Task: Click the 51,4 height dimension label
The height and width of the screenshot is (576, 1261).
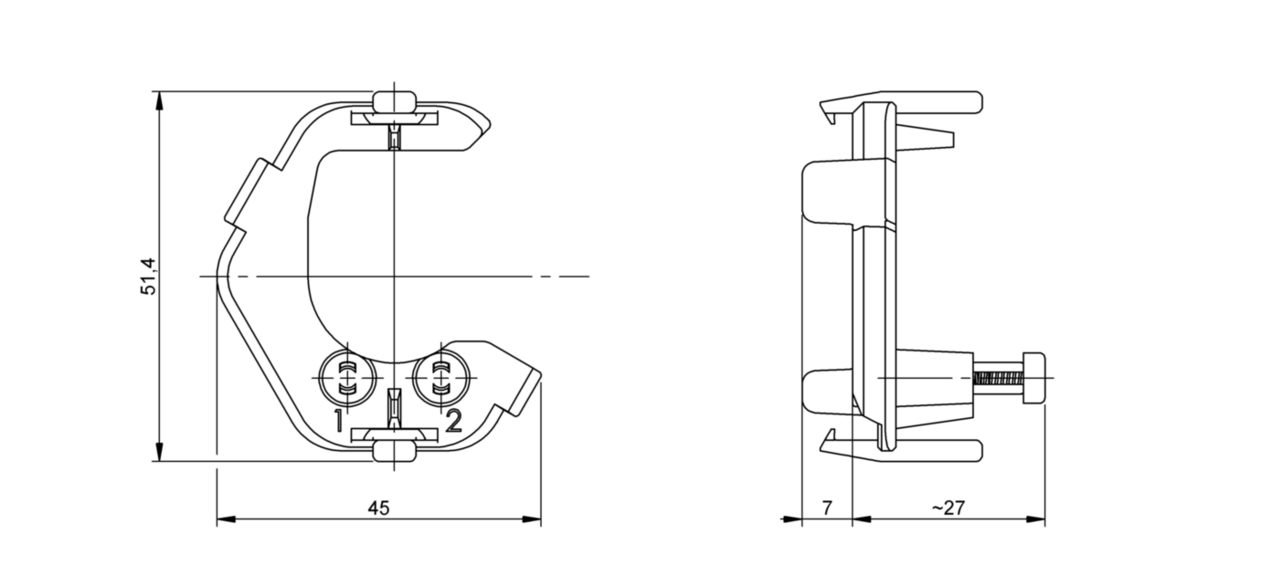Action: pos(149,277)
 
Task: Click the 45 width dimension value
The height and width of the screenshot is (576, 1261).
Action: pos(378,508)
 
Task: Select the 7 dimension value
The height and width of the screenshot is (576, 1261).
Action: pos(827,508)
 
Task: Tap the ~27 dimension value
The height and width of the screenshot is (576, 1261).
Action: pos(948,508)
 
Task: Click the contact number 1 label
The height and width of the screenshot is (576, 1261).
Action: pos(338,421)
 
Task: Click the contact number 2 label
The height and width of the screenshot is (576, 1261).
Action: pos(453,421)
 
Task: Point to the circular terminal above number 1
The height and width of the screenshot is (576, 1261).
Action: pos(346,378)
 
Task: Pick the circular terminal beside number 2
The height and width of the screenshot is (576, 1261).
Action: pos(441,378)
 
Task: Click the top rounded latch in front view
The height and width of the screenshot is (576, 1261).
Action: pos(394,99)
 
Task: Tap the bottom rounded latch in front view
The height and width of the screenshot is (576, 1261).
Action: pos(394,450)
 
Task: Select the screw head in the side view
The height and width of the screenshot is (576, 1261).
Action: pos(1034,377)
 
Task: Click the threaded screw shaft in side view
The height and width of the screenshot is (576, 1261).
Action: pos(998,377)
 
